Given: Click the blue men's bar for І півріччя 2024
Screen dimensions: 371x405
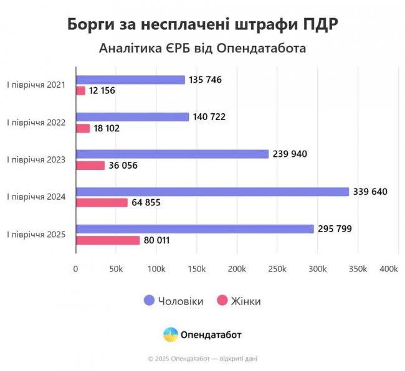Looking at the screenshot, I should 212,192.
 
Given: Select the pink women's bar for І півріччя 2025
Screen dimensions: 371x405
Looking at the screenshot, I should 108,240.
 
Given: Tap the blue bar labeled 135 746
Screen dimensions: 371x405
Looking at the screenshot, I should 130,80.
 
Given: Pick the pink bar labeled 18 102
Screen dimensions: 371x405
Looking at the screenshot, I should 83,128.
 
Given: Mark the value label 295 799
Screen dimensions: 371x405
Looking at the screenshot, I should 335,229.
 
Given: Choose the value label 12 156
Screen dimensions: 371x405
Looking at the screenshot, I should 102,91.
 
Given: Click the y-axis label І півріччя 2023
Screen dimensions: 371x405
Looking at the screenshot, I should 36,160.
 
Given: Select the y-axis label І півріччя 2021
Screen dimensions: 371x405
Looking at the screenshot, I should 36,85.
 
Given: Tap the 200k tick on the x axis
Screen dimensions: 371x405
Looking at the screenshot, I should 236,269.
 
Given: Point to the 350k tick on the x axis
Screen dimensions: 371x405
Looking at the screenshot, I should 358,269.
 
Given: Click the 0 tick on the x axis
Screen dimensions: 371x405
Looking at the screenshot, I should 76,269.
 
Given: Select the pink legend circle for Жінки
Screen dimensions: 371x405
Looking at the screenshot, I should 221,301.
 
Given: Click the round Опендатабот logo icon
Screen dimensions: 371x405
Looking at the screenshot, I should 170,334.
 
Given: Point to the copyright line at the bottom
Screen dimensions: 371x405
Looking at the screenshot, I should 202,359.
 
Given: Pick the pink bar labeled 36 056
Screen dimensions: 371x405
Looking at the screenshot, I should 90,166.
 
